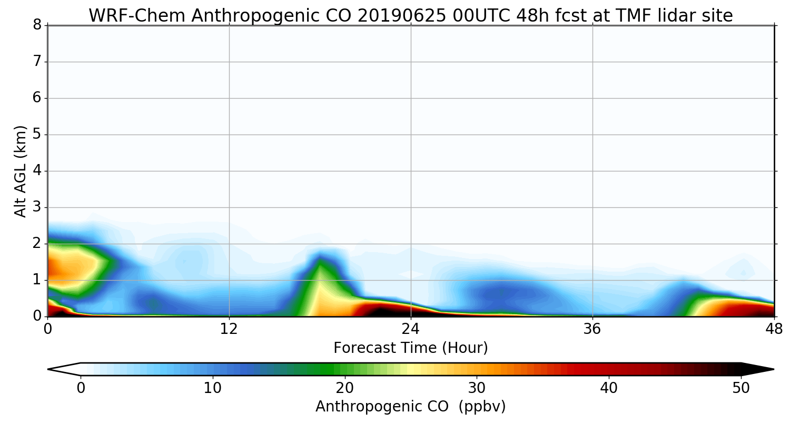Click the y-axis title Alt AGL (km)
click(20, 171)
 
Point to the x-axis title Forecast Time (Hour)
click(411, 348)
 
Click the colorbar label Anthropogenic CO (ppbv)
click(411, 406)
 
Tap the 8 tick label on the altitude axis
click(37, 25)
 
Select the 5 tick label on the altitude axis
click(37, 135)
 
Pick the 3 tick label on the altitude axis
click(37, 207)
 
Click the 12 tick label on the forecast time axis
click(229, 330)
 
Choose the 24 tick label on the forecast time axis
click(411, 330)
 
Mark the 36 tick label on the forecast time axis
click(592, 330)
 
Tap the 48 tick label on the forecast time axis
click(774, 330)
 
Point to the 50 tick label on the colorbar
click(741, 388)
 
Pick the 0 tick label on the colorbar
click(81, 388)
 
